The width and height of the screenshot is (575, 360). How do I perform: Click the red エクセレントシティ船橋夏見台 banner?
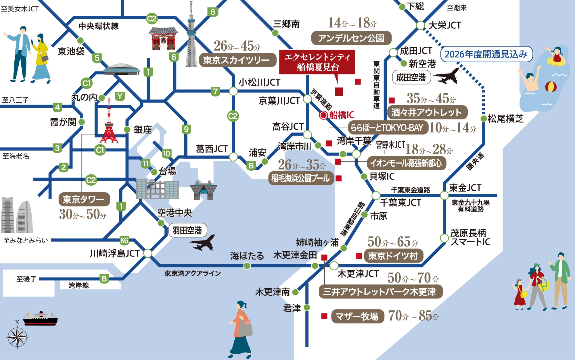[317, 62]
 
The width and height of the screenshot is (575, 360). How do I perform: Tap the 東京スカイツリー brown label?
[236, 60]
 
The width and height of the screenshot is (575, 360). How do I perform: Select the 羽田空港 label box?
[187, 230]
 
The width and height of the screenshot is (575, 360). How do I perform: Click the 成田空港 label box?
[411, 77]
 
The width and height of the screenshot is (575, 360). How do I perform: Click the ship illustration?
[40, 319]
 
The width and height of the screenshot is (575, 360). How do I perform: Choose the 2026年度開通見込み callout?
[486, 54]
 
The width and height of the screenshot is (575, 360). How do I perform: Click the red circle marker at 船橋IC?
[323, 115]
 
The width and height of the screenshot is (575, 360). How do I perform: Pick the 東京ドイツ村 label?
[393, 256]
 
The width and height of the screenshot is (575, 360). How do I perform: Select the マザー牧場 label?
[357, 316]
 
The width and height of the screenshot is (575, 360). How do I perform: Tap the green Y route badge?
[120, 96]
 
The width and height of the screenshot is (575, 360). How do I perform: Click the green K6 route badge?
[124, 240]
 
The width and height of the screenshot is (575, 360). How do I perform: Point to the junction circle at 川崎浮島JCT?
[147, 253]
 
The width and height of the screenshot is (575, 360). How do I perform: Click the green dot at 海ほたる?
[247, 266]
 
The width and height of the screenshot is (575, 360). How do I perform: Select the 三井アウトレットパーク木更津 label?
[380, 292]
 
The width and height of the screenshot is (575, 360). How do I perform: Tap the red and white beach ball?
[551, 86]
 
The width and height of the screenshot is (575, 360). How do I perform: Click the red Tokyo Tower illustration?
[109, 124]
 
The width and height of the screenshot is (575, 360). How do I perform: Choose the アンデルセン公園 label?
[351, 38]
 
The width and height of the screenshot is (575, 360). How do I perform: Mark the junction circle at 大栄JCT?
[420, 25]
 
